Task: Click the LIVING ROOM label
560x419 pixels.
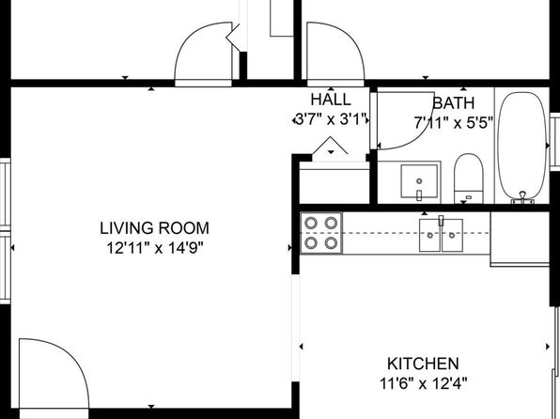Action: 154,228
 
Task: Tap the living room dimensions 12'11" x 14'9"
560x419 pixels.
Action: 155,247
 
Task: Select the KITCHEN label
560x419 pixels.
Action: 423,364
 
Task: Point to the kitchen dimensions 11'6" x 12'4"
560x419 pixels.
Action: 423,383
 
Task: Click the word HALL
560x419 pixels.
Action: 331,100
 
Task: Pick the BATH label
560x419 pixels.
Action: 454,103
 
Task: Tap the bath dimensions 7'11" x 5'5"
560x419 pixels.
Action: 454,122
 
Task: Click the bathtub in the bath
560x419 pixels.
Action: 522,147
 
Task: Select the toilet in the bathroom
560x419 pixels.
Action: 469,178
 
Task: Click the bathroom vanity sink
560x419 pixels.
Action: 419,181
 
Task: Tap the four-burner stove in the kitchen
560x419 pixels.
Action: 321,233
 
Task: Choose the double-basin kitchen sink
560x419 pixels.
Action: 441,235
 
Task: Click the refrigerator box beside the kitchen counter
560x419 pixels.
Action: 520,239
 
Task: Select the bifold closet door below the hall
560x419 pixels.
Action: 331,146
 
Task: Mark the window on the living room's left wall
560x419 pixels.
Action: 5,231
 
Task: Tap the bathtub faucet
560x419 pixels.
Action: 522,197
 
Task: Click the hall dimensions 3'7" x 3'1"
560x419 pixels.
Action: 331,119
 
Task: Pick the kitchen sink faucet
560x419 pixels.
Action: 441,221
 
